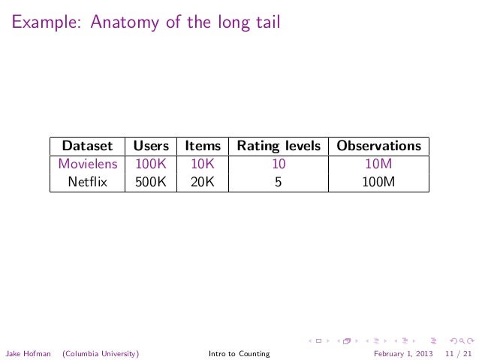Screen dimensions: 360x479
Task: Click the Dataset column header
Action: pyautogui.click(x=88, y=146)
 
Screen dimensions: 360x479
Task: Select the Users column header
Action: pyautogui.click(x=151, y=146)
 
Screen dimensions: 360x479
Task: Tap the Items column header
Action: pyautogui.click(x=203, y=146)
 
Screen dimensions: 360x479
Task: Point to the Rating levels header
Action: pyautogui.click(x=279, y=146)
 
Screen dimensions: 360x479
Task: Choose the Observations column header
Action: pyautogui.click(x=379, y=146)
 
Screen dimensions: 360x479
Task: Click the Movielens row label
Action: pyautogui.click(x=88, y=163)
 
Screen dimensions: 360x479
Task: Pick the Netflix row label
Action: pyautogui.click(x=88, y=180)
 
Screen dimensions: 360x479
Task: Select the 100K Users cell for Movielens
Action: pyautogui.click(x=151, y=163)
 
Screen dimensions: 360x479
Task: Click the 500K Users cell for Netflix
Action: pyautogui.click(x=151, y=180)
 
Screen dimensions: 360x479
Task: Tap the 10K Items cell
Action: pyautogui.click(x=203, y=163)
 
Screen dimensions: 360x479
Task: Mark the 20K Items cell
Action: pyautogui.click(x=203, y=180)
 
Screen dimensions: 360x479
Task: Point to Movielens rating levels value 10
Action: pyautogui.click(x=279, y=163)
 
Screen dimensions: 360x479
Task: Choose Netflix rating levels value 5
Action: pyautogui.click(x=279, y=180)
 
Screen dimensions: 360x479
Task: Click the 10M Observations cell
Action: pyautogui.click(x=379, y=163)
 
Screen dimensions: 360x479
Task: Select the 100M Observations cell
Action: pyautogui.click(x=379, y=180)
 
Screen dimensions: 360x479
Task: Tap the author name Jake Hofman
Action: pyautogui.click(x=29, y=353)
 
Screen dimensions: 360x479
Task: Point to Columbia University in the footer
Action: pyautogui.click(x=101, y=353)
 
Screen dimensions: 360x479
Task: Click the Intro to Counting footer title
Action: pyautogui.click(x=239, y=353)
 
